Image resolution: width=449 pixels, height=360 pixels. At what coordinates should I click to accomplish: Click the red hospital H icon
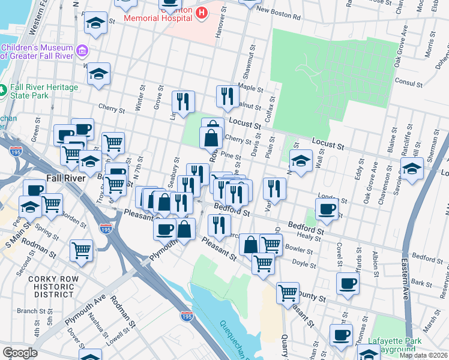pyautogui.click(x=202, y=11)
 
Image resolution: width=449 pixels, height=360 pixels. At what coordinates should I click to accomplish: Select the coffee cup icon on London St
pyautogui.click(x=326, y=208)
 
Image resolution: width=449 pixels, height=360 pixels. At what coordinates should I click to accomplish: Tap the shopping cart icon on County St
pyautogui.click(x=288, y=292)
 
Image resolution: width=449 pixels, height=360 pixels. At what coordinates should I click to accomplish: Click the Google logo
pyautogui.click(x=20, y=353)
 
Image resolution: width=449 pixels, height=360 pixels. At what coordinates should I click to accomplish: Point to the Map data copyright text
pyautogui.click(x=423, y=355)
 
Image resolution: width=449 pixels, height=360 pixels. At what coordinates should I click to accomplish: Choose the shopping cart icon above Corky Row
pyautogui.click(x=81, y=250)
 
